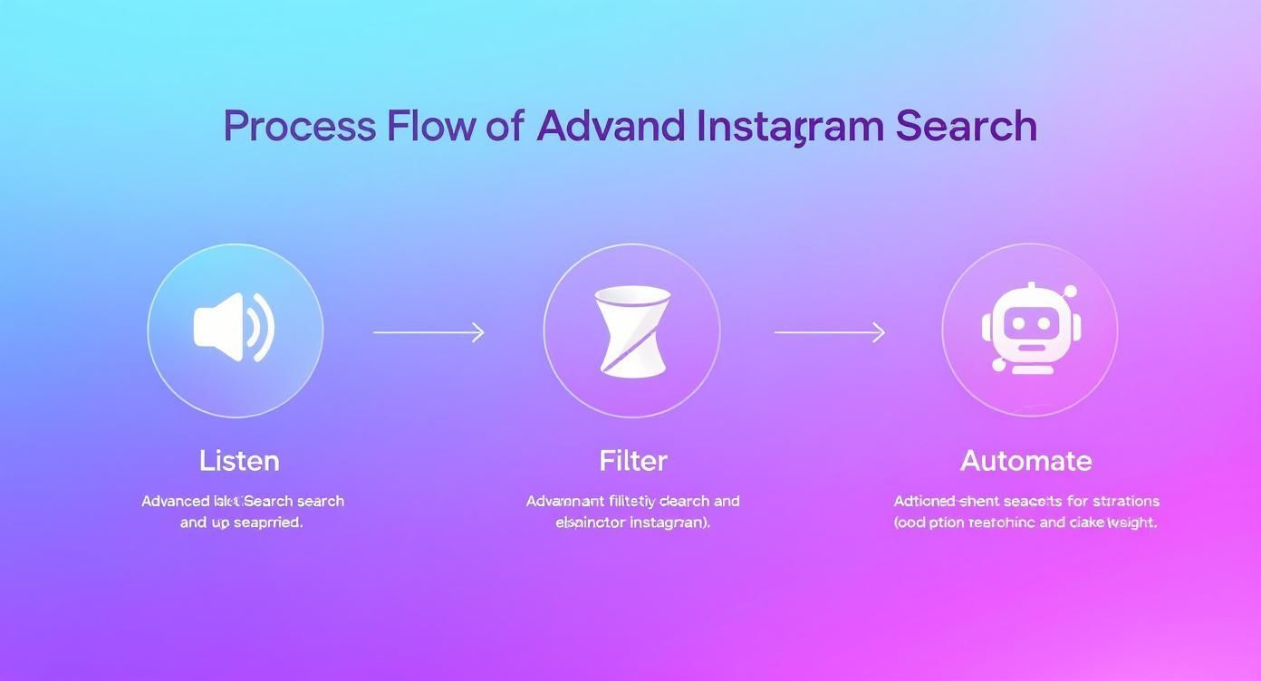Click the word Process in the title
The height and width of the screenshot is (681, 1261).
click(x=298, y=126)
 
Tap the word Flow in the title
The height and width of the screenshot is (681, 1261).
click(x=429, y=126)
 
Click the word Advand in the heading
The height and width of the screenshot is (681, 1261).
click(x=610, y=126)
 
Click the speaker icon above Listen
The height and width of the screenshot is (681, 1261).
click(x=234, y=328)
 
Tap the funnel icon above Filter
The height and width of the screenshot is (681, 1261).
click(x=631, y=331)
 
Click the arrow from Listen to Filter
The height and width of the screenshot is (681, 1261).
click(x=428, y=332)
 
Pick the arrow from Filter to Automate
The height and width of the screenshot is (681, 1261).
click(x=829, y=332)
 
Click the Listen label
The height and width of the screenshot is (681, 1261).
click(x=239, y=461)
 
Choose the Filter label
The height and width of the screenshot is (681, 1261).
click(x=633, y=461)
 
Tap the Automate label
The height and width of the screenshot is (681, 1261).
click(x=1025, y=461)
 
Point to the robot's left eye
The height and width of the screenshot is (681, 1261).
click(x=1014, y=322)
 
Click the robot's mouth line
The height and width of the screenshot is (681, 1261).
click(x=1028, y=345)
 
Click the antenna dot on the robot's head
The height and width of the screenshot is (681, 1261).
click(x=1070, y=292)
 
